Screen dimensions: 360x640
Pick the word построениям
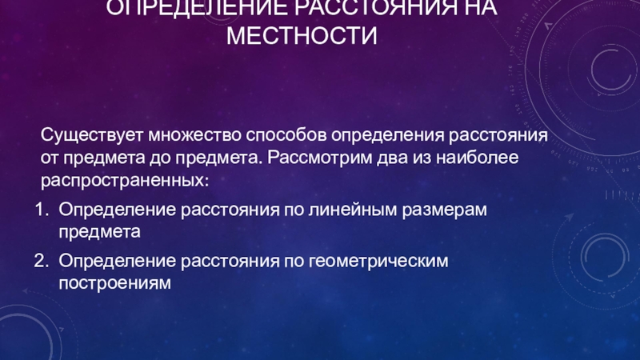[115, 283]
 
